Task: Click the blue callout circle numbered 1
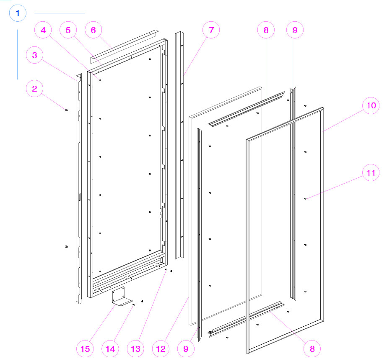(18, 13)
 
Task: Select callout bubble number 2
(35, 89)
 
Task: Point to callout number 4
(43, 30)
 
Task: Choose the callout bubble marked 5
(68, 30)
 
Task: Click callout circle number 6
(93, 30)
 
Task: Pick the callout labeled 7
(211, 30)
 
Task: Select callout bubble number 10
(371, 106)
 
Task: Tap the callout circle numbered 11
(371, 172)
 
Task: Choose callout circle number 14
(111, 348)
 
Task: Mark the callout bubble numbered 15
(85, 348)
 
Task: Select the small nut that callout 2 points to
(66, 110)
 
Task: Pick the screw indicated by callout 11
(306, 199)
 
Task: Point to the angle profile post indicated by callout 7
(180, 146)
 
